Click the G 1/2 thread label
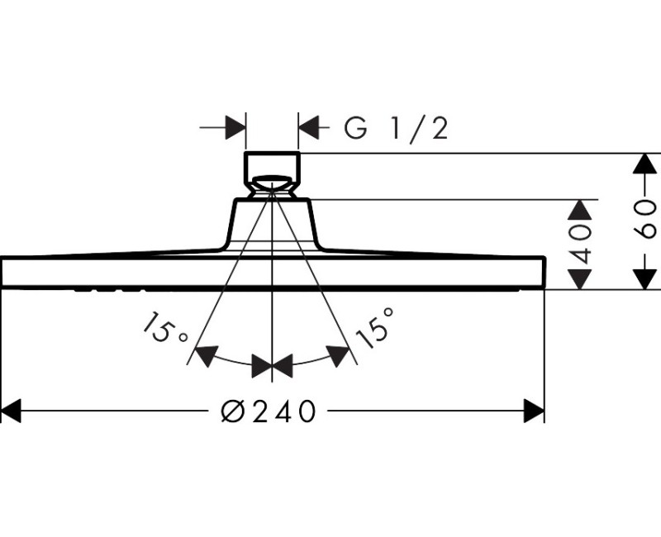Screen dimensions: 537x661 click(396, 128)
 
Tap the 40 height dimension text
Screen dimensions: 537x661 click(583, 244)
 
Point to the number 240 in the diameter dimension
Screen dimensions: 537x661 click(283, 411)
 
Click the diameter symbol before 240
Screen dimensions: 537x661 click(234, 411)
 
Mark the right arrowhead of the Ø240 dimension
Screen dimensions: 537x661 click(534, 411)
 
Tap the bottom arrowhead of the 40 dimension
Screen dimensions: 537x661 click(583, 279)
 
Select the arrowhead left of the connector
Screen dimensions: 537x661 click(235, 128)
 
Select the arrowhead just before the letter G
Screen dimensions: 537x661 click(308, 128)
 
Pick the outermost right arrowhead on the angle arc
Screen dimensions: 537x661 click(339, 356)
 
